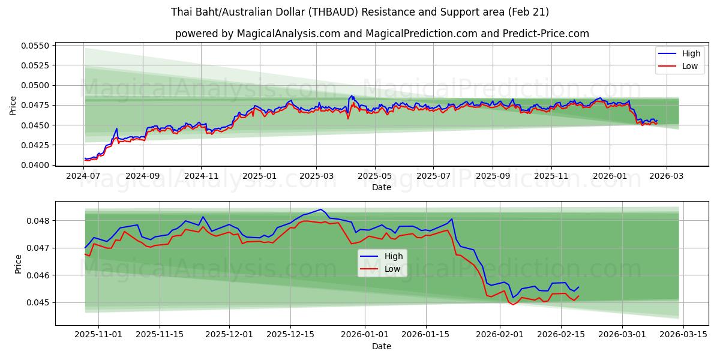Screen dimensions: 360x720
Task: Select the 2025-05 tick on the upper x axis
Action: point(375,176)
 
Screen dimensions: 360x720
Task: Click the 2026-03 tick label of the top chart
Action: point(667,176)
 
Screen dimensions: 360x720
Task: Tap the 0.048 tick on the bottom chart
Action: point(40,221)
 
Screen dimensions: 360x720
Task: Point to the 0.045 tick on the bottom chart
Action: point(40,302)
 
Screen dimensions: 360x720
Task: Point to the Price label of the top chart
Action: point(13,105)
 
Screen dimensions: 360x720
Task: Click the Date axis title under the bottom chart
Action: point(382,346)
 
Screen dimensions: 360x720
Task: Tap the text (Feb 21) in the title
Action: point(527,12)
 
